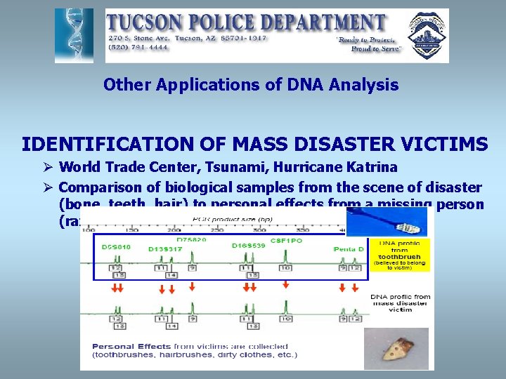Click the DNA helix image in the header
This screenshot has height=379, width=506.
point(73,36)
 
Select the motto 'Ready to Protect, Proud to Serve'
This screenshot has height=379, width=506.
point(368,45)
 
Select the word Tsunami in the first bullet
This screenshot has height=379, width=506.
point(213,168)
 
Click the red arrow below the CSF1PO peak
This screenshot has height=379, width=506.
point(285,284)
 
